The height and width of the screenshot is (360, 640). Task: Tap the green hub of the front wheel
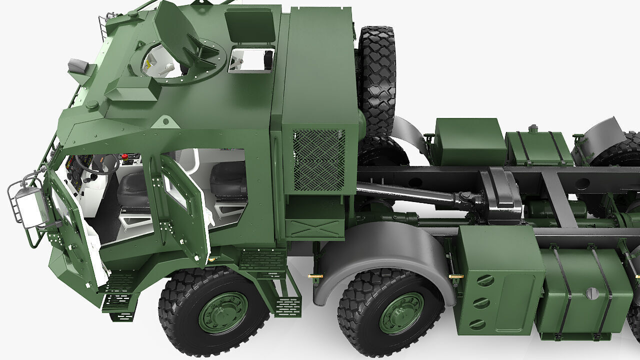pyautogui.click(x=223, y=312)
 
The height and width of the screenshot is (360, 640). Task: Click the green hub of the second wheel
pyautogui.click(x=401, y=313)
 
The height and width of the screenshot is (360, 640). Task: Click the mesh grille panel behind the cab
pyautogui.click(x=318, y=160)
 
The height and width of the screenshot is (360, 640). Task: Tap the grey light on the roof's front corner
pyautogui.click(x=78, y=65)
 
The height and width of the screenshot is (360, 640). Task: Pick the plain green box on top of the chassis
pyautogui.click(x=470, y=141)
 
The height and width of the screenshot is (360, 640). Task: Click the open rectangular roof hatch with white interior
pyautogui.click(x=251, y=59)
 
